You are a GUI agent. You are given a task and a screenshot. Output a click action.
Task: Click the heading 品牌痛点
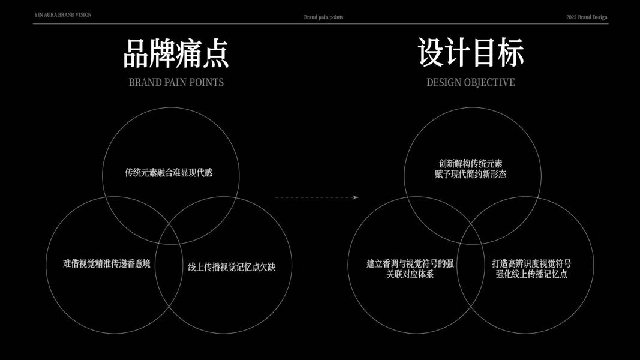coord(176,53)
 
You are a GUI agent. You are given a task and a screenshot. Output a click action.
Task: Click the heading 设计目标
coord(471,52)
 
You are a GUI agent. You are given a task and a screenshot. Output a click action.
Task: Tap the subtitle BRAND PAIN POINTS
coord(176,82)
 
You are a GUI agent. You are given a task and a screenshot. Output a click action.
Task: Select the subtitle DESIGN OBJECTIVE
coord(470,82)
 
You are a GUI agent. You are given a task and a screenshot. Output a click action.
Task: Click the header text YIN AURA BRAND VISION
coord(63,14)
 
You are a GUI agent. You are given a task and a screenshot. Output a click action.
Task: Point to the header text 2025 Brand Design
coord(587,17)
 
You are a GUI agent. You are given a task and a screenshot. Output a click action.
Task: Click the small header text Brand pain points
coord(323,17)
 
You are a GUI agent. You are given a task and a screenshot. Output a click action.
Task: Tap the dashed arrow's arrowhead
coord(356,197)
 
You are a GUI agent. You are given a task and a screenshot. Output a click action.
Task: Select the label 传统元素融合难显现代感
coord(169,173)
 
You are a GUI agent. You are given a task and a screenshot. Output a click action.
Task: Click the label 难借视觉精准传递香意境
coord(107,263)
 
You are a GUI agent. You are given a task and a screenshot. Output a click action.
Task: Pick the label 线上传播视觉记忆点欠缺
coord(232,267)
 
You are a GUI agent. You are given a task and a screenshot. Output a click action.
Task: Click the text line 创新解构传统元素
coord(471,163)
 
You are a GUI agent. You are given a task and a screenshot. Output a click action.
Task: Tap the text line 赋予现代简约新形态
coord(471,174)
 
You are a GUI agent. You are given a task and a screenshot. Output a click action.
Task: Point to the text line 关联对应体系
coord(410,274)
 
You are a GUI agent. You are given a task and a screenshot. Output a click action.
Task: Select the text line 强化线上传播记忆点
coord(531,274)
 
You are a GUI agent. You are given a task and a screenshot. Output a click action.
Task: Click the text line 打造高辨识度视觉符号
coord(531,263)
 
